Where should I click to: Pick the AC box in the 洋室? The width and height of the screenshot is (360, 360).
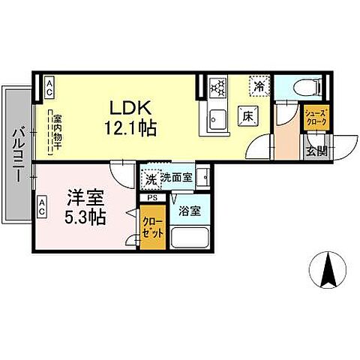pos(42,203)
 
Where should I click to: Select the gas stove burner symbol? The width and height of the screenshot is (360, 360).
pos(217,87)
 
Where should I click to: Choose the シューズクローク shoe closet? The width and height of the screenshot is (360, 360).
pos(313,116)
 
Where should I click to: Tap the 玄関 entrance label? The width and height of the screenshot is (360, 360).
pos(316,150)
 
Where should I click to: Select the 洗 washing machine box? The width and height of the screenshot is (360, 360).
pos(151,180)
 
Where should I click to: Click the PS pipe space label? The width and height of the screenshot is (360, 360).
pos(152,198)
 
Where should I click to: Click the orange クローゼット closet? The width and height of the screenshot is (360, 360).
pos(152,229)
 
